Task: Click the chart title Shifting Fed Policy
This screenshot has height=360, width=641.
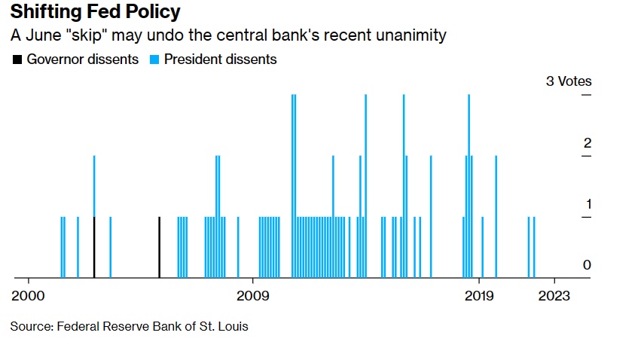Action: [95, 13]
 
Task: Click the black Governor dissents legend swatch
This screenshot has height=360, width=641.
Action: [17, 59]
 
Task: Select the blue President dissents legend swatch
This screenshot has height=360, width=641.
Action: [154, 59]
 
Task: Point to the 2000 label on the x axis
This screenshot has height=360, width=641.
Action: [29, 295]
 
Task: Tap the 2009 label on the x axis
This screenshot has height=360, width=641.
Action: [253, 295]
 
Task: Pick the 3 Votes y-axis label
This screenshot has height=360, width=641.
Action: [569, 81]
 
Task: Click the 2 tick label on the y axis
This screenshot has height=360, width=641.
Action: [588, 143]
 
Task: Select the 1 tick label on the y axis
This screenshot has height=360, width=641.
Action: [588, 204]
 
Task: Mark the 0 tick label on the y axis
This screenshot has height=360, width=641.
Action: [588, 265]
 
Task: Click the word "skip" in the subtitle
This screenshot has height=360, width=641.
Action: [90, 36]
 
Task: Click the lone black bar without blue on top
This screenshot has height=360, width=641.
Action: [159, 248]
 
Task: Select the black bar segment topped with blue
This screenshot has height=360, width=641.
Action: [94, 248]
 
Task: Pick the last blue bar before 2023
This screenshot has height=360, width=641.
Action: [534, 248]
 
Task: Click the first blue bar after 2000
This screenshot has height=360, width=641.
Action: [61, 248]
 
